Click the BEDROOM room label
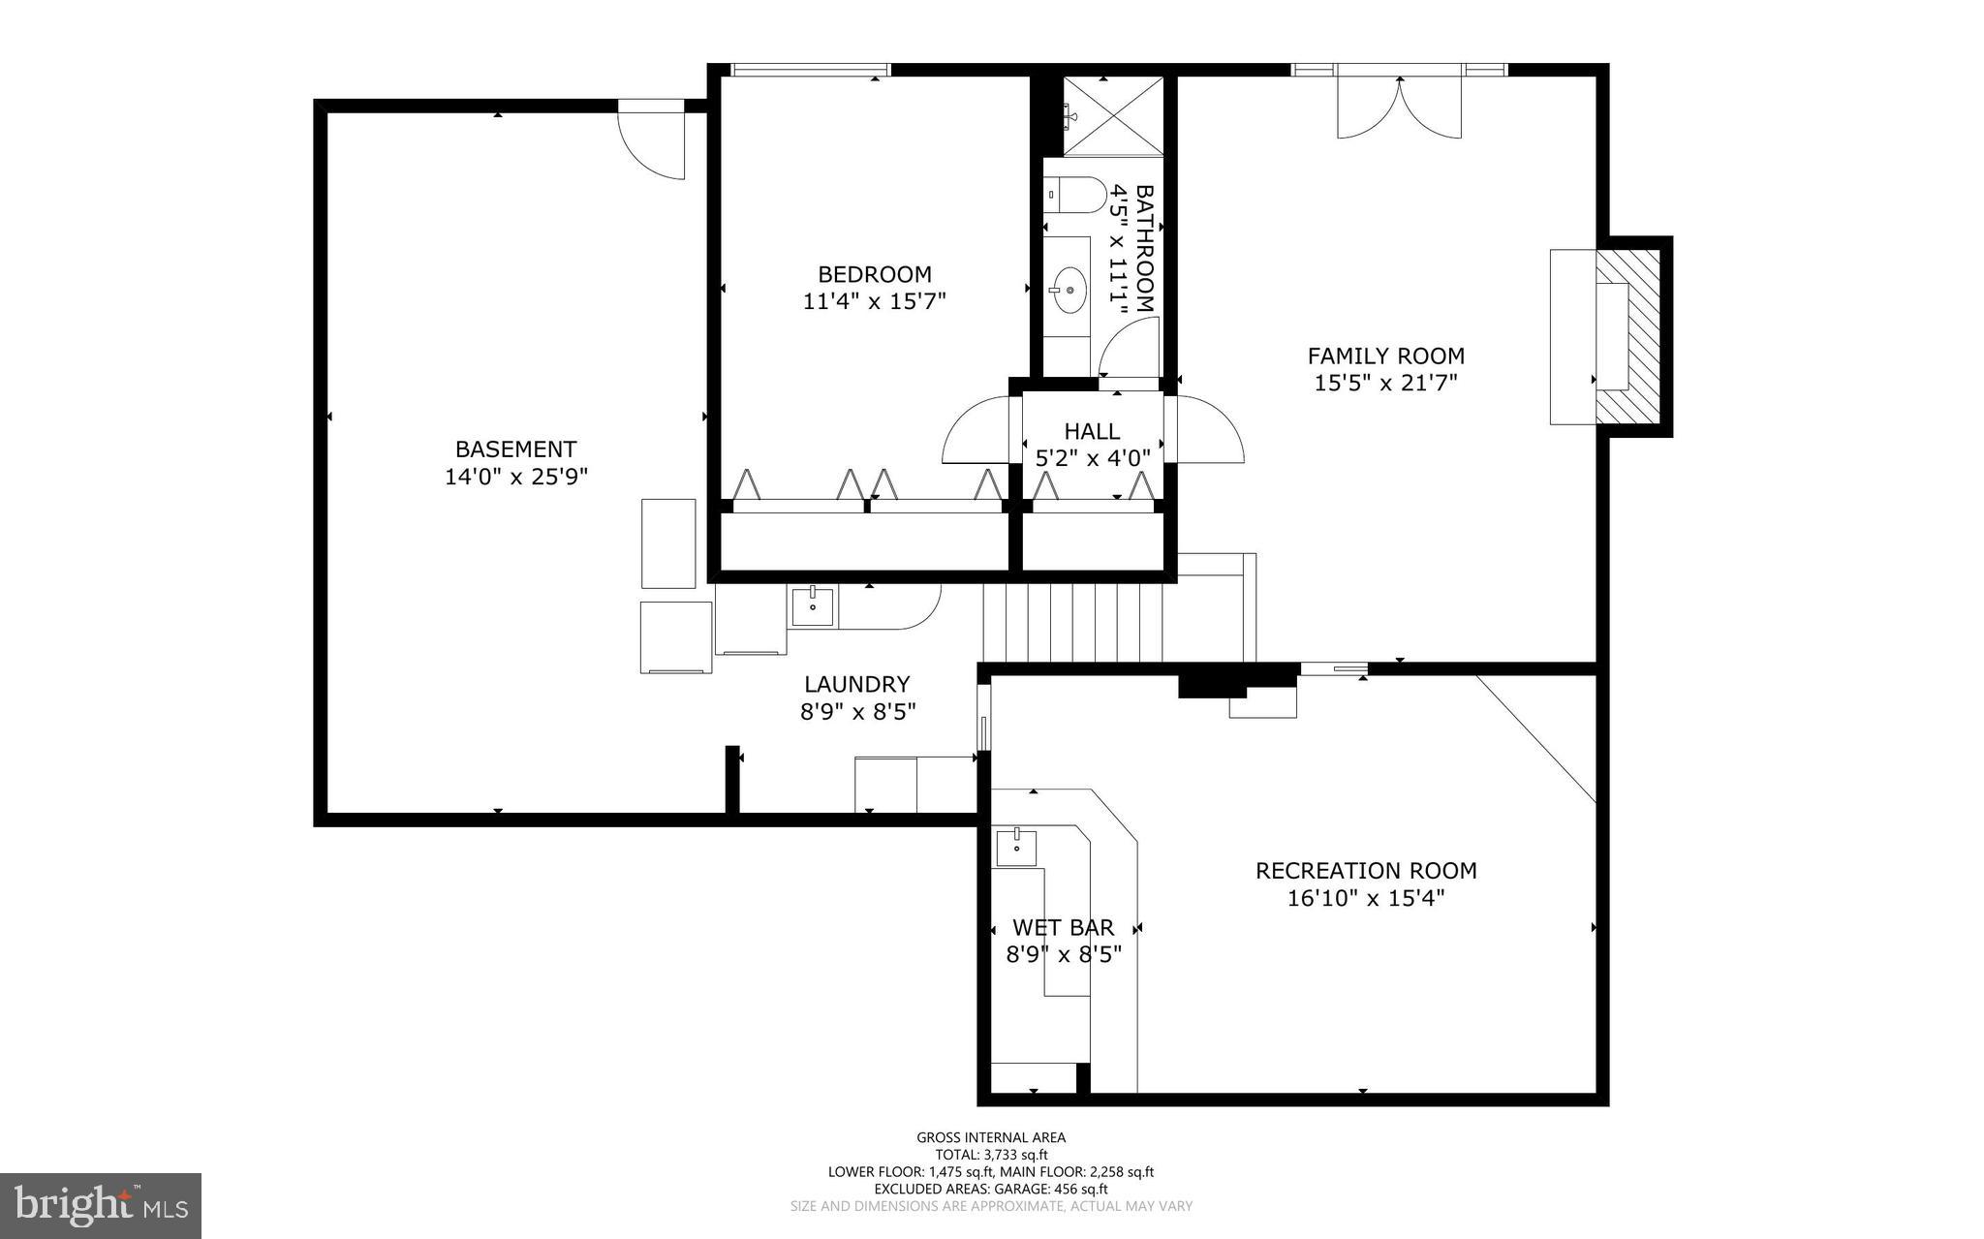(x=874, y=274)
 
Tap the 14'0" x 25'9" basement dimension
(x=515, y=477)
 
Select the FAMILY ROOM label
(x=1385, y=356)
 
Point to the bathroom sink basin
(x=1069, y=289)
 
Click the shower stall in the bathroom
(x=1113, y=115)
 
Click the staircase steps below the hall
(x=1073, y=621)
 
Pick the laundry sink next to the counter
(x=812, y=606)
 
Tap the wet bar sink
(x=1016, y=847)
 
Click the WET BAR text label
(x=1063, y=928)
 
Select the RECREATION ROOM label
(x=1365, y=870)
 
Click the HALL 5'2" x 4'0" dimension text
(x=1092, y=458)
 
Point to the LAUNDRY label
(x=856, y=685)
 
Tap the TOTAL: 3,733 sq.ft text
(x=990, y=1155)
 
